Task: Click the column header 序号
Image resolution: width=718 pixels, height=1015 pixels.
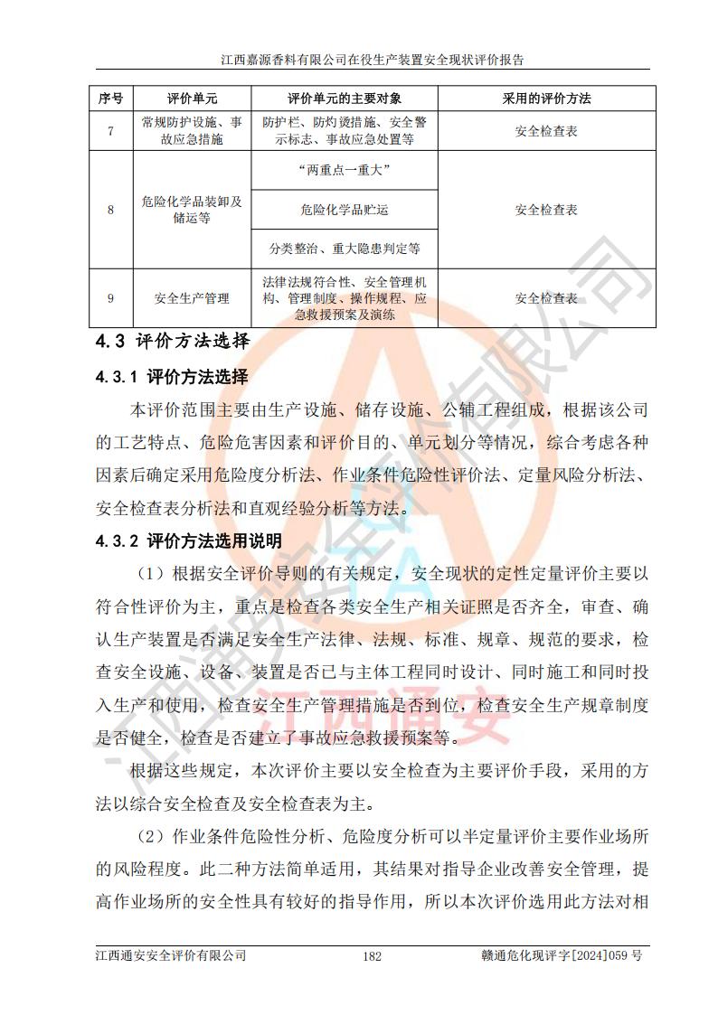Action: pyautogui.click(x=110, y=99)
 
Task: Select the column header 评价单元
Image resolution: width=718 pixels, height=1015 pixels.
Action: pyautogui.click(x=192, y=99)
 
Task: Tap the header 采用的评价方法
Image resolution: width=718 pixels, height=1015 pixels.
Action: pyautogui.click(x=546, y=99)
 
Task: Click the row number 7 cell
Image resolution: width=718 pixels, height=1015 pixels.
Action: pyautogui.click(x=110, y=131)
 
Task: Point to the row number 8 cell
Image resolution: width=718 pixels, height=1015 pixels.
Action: pyautogui.click(x=110, y=210)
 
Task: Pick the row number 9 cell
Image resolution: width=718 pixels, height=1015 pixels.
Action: pyautogui.click(x=110, y=297)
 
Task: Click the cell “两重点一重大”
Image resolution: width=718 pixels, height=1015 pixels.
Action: pyautogui.click(x=344, y=170)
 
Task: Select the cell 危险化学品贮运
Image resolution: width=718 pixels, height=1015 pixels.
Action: pyautogui.click(x=344, y=210)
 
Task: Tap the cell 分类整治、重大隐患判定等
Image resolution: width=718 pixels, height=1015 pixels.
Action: pyautogui.click(x=344, y=248)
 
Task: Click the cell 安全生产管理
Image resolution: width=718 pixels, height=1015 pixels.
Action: pyautogui.click(x=192, y=297)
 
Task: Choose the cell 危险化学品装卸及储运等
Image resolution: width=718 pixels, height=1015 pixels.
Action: pyautogui.click(x=192, y=210)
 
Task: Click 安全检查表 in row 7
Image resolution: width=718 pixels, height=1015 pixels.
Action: pyautogui.click(x=546, y=131)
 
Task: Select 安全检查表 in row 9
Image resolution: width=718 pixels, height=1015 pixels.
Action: pyautogui.click(x=546, y=297)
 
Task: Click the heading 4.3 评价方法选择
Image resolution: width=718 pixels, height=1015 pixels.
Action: pyautogui.click(x=171, y=343)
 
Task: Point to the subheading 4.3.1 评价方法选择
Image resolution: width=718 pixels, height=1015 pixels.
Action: pyautogui.click(x=171, y=377)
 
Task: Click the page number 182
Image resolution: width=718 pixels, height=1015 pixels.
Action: pyautogui.click(x=372, y=956)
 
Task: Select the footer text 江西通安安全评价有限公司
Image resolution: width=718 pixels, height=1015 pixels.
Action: pyautogui.click(x=170, y=955)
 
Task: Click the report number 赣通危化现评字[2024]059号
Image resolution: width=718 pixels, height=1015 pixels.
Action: pyautogui.click(x=562, y=955)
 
